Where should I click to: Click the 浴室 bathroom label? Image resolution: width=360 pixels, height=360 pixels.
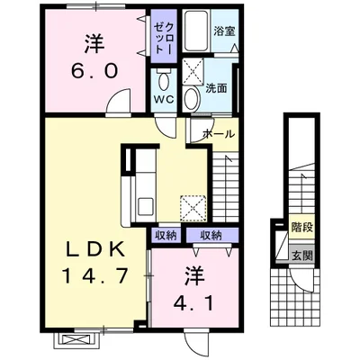224,31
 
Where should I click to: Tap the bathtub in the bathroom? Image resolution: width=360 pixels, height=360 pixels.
196,31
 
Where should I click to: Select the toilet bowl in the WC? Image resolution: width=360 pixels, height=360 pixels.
164,80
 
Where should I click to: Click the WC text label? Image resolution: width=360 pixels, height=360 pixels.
164,100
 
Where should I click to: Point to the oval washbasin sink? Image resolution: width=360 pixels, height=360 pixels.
192,99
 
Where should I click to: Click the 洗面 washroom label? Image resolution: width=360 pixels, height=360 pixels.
216,88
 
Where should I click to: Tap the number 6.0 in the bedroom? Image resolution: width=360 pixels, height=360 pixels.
94,71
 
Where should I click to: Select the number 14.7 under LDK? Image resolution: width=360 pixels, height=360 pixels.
95,276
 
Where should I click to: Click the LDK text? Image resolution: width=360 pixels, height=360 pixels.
95,249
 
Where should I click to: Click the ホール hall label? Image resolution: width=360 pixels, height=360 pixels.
219,134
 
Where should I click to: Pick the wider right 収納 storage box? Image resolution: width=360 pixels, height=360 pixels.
212,235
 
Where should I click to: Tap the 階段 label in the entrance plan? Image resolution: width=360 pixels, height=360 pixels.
302,227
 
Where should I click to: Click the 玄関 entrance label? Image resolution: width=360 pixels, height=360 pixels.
302,256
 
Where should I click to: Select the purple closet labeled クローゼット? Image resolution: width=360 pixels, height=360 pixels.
164,36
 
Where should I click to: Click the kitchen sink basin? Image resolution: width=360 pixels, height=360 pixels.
146,206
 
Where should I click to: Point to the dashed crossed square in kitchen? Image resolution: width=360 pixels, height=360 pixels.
193,208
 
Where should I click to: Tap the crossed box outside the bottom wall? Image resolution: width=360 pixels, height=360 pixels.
76,339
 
